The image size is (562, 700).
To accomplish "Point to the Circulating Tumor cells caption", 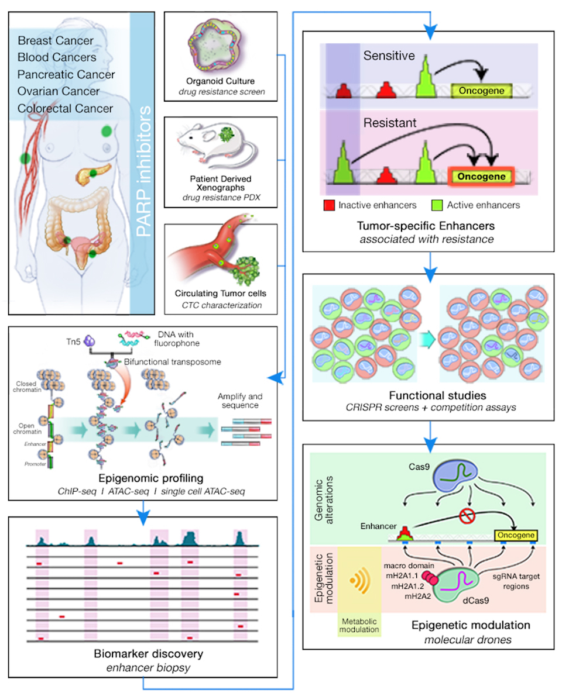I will [x=221, y=294].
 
